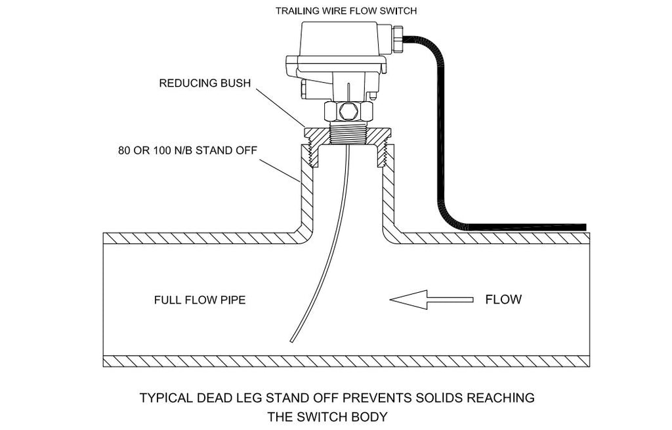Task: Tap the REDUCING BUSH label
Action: [205, 83]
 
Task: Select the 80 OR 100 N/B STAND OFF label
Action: [186, 150]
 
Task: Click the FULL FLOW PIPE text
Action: [199, 301]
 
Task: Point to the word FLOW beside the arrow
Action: [503, 300]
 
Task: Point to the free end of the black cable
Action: [584, 226]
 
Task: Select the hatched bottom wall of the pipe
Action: [346, 361]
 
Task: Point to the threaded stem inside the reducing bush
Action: [348, 135]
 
